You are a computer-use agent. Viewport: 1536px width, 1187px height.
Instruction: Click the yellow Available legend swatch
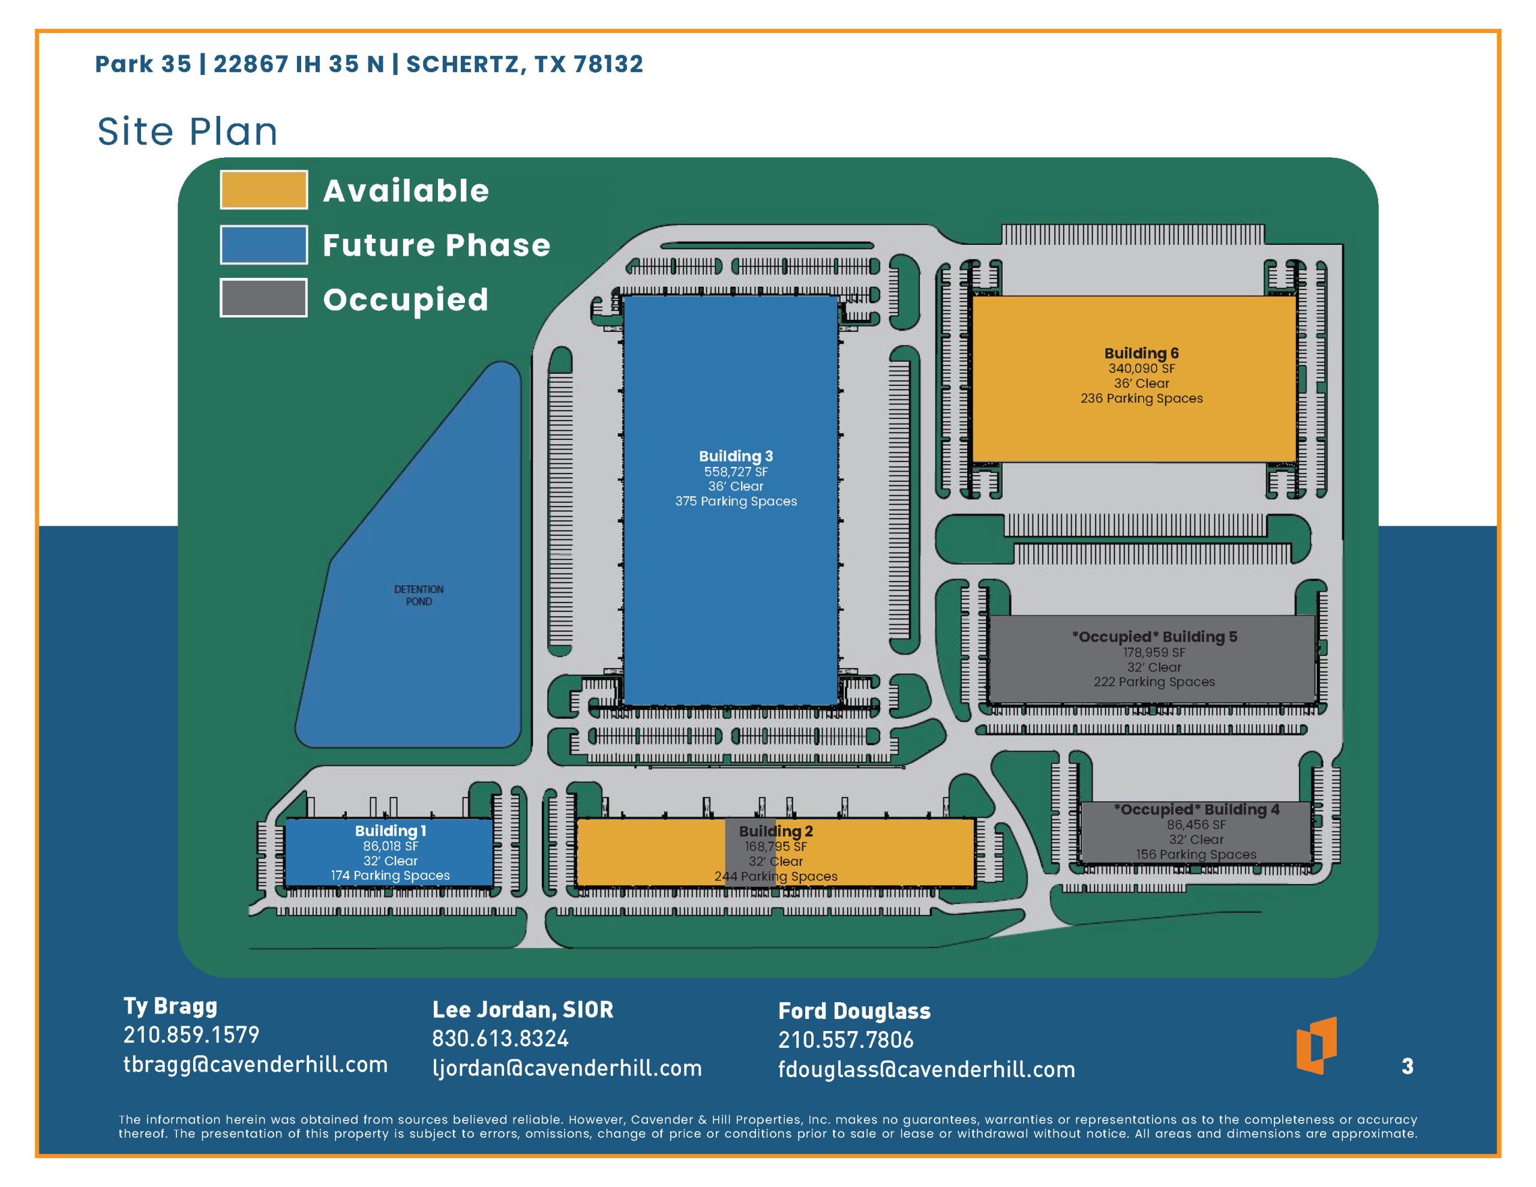[x=264, y=190]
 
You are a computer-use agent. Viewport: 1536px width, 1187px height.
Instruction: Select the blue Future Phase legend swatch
[x=264, y=245]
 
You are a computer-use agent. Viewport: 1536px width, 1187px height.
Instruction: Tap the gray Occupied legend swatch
[x=264, y=298]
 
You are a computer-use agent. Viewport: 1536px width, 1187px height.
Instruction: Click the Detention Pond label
[x=418, y=595]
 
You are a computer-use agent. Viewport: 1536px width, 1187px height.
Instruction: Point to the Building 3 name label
[x=736, y=456]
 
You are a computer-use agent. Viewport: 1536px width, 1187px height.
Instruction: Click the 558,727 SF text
[x=736, y=472]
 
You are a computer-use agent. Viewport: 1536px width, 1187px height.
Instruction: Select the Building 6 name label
[x=1141, y=353]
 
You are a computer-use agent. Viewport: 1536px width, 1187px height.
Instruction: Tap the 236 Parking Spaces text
[x=1141, y=398]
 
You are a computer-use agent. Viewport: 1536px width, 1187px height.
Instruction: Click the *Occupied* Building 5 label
[x=1154, y=637]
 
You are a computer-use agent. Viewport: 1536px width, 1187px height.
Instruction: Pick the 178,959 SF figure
[x=1154, y=652]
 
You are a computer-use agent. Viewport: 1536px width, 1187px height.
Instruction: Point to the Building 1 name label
[x=391, y=831]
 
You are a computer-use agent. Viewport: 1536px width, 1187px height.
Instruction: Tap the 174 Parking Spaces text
[x=391, y=876]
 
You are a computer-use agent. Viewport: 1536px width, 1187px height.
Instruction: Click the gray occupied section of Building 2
[x=750, y=853]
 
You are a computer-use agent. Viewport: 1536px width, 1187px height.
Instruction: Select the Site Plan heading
[x=187, y=131]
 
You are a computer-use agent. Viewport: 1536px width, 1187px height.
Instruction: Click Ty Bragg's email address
[x=255, y=1065]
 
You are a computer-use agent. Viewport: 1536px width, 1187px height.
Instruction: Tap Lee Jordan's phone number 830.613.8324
[x=500, y=1039]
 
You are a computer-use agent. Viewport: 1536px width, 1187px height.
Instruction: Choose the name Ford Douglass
[x=854, y=1011]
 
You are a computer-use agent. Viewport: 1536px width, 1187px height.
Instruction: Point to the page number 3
[x=1407, y=1067]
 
